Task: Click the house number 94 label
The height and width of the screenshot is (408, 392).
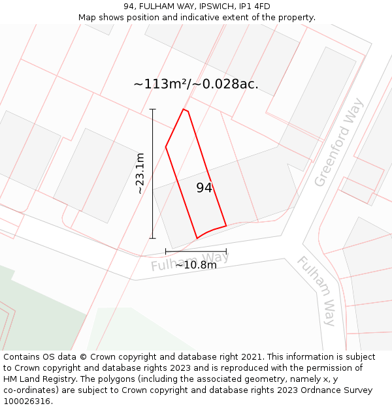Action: pos(204,188)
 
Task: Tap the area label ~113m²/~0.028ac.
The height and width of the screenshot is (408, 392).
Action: pos(196,84)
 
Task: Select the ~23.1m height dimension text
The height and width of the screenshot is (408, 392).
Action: pos(140,174)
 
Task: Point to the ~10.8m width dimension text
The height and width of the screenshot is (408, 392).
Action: pos(196,264)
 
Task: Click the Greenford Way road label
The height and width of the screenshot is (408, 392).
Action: pos(338,143)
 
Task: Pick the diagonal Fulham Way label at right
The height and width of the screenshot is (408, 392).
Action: pos(317,290)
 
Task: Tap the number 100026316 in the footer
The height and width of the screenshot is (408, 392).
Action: pos(27,401)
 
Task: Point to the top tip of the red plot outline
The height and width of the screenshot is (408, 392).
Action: pos(184,109)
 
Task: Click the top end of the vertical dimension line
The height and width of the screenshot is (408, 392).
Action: pos(153,109)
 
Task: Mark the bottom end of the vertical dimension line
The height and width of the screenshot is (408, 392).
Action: pos(153,238)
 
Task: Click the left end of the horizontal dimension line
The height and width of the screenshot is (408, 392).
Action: pos(166,251)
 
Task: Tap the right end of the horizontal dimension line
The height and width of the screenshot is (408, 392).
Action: pos(226,251)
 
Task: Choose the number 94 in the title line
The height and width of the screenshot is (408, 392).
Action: pos(129,7)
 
